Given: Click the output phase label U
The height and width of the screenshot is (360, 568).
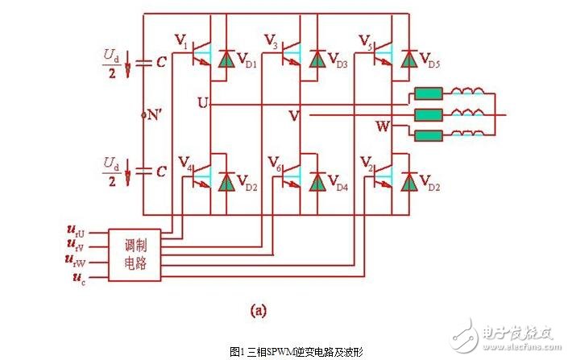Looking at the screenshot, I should [202, 101].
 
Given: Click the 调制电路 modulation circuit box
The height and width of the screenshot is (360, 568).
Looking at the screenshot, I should [135, 254].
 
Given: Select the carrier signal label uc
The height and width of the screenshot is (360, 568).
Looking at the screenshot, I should [75, 279].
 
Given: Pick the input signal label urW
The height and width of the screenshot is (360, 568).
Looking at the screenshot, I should [76, 262].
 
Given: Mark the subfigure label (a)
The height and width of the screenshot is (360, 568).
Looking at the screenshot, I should [258, 308].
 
